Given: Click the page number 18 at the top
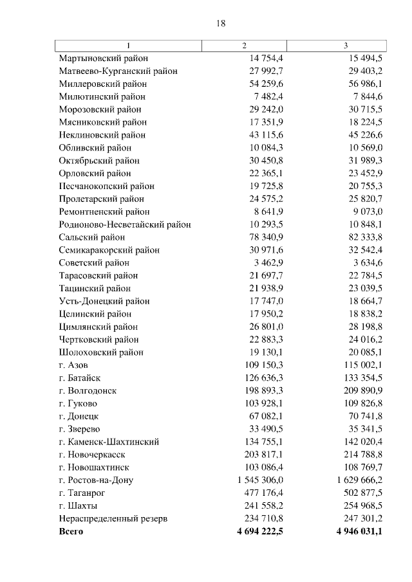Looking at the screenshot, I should (x=220, y=24).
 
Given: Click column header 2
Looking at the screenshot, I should (x=244, y=46).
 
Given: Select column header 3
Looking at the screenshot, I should (x=346, y=46).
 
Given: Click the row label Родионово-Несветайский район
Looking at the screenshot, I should (x=125, y=224).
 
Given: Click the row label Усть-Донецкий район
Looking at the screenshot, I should (x=104, y=301).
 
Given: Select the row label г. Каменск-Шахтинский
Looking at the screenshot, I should (x=109, y=442).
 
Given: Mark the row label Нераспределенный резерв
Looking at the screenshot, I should (x=113, y=518).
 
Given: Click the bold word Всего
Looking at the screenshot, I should (x=71, y=532).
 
